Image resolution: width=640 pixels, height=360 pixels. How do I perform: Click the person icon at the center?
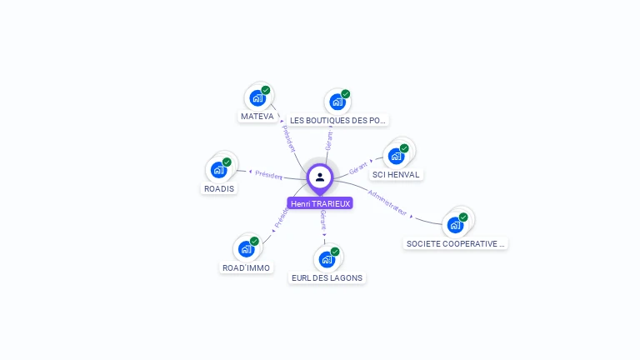[x=320, y=177]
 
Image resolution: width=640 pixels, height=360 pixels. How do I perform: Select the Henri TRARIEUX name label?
[x=320, y=203]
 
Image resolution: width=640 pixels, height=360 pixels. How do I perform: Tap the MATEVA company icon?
[x=257, y=98]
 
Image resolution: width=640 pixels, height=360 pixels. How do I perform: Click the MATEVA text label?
[x=257, y=117]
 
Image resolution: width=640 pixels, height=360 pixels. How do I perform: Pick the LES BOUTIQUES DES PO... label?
[x=338, y=121]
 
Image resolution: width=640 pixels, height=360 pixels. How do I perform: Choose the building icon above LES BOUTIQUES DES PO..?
[x=337, y=102]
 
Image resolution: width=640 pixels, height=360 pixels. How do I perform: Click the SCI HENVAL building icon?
[x=397, y=156]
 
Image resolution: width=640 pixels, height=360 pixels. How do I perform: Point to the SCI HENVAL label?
[x=397, y=175]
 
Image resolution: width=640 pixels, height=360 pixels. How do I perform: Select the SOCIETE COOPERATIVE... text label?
[x=455, y=244]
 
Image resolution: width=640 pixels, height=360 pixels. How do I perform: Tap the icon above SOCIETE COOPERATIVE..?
[x=455, y=224]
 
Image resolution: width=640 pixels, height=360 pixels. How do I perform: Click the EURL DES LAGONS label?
[x=327, y=277]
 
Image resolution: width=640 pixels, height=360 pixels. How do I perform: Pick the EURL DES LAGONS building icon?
[x=327, y=259]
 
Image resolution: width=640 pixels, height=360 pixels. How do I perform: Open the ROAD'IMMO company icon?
[x=247, y=248]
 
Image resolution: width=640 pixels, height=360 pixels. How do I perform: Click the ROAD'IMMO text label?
[x=246, y=267]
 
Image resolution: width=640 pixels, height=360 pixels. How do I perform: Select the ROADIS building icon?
[x=219, y=170]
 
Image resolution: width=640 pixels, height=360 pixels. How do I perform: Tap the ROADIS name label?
[x=219, y=188]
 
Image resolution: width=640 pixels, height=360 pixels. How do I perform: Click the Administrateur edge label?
[x=387, y=203]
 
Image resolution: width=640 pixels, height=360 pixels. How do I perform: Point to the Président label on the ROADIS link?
[x=269, y=175]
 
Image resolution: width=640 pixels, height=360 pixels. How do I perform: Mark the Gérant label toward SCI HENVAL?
[x=358, y=167]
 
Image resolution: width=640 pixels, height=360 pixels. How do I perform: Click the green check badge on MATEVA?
[x=266, y=90]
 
